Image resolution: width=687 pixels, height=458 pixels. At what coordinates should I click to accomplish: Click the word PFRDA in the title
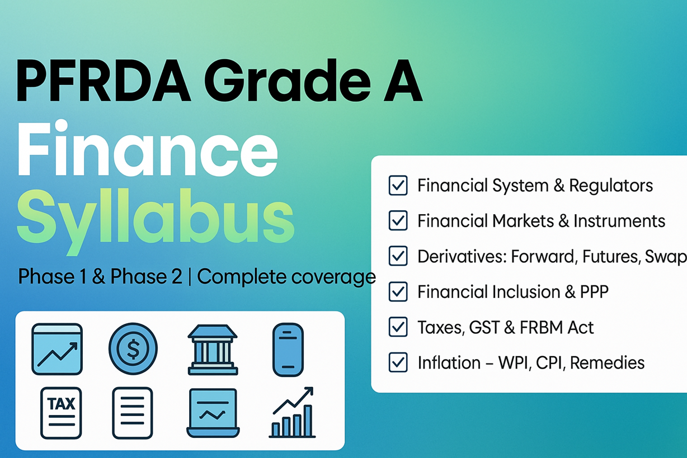(103, 81)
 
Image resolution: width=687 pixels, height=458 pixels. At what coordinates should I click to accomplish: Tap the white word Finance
(148, 149)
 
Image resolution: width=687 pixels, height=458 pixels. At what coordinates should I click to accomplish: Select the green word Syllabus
(156, 221)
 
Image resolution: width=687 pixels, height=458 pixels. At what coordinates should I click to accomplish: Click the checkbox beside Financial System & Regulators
(398, 185)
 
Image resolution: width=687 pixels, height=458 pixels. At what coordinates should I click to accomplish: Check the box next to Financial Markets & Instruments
(398, 220)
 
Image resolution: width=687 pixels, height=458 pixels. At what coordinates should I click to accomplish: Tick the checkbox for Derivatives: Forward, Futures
(398, 256)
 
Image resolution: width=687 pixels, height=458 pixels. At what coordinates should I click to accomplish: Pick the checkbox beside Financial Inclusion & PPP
(398, 291)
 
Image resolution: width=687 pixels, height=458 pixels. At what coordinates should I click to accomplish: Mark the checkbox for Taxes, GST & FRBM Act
(398, 327)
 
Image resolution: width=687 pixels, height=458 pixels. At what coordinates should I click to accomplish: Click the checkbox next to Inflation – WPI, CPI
(398, 362)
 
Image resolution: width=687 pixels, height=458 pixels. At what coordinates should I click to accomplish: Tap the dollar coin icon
(133, 348)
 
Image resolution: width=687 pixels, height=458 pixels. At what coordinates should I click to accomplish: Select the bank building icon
(213, 350)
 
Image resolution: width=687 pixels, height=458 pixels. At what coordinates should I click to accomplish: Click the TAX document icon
(61, 413)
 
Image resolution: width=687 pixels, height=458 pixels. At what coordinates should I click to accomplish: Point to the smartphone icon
(288, 350)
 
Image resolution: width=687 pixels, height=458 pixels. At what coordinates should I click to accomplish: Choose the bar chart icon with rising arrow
(292, 412)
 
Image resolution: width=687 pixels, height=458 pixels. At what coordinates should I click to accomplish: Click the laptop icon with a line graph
(213, 413)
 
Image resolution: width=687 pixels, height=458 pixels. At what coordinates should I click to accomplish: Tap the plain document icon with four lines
(133, 413)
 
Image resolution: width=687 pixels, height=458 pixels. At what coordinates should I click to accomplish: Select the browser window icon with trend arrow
(57, 349)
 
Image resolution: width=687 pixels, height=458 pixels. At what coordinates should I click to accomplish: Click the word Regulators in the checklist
(611, 186)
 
